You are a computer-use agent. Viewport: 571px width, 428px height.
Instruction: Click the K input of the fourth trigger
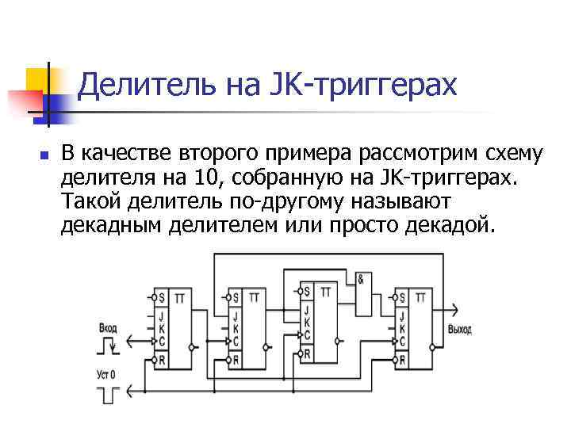[x=403, y=328]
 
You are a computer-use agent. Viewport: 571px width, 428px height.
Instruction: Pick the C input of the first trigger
[x=161, y=342]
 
